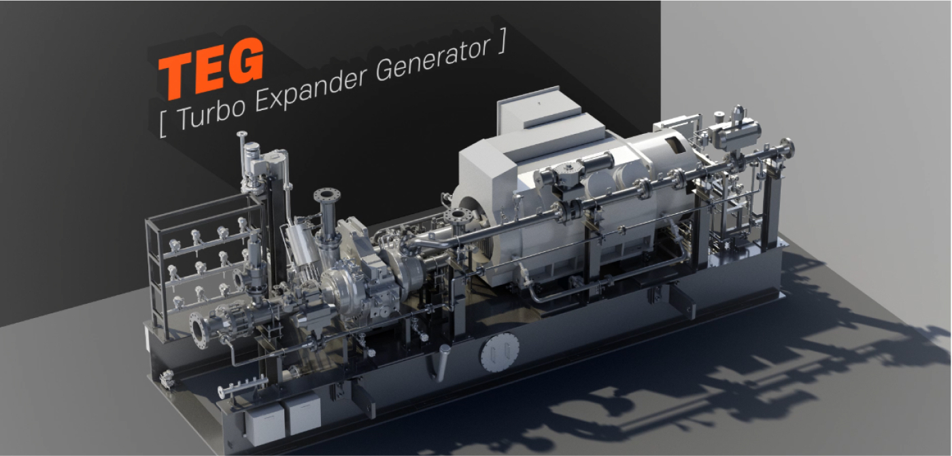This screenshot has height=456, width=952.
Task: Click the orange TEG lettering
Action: coord(211,68)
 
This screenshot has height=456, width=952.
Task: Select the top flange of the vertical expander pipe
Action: coord(327,195)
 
